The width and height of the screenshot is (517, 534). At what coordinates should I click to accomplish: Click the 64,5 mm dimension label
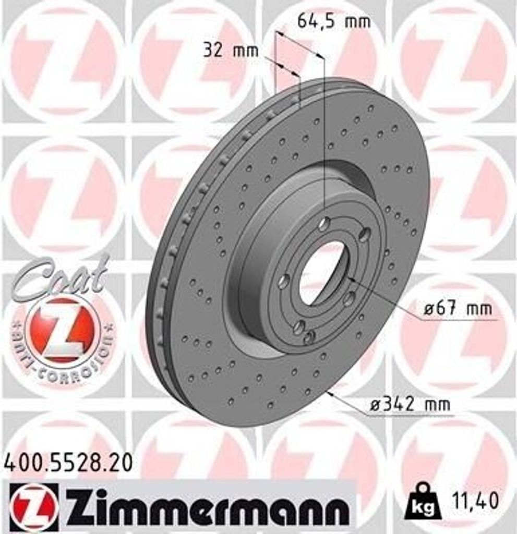click(333, 22)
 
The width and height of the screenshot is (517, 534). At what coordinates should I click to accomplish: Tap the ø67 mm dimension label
click(457, 309)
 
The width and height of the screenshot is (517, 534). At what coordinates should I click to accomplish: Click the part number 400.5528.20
click(68, 462)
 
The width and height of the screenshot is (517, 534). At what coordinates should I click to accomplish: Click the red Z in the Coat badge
click(61, 331)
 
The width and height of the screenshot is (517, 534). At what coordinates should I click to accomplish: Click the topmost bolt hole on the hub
click(324, 224)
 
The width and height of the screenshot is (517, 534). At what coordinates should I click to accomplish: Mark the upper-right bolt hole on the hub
click(365, 235)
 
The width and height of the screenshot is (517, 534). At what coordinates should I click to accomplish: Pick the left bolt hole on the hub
click(283, 282)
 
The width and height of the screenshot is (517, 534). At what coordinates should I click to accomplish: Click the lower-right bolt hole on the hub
click(349, 299)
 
